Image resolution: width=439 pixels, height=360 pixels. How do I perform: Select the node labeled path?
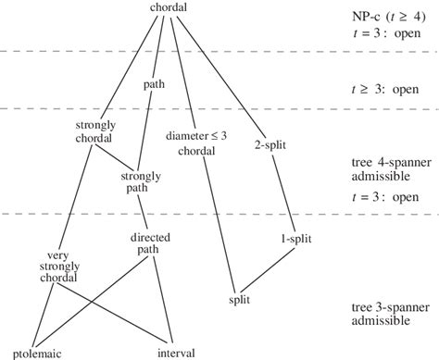(x=154, y=84)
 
